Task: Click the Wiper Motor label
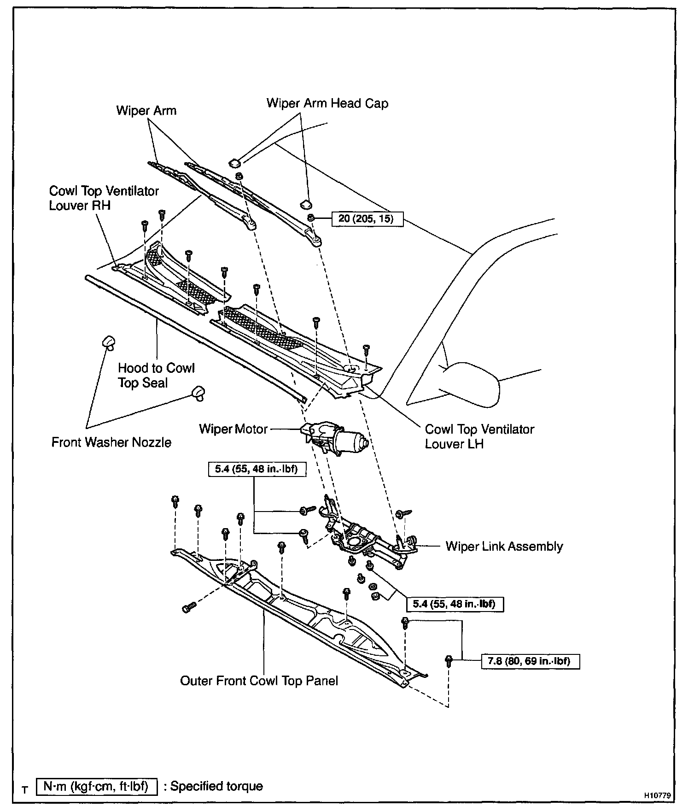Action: point(233,429)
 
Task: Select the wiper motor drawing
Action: point(334,438)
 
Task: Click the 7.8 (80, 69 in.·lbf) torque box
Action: point(531,661)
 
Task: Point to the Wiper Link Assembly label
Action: point(504,547)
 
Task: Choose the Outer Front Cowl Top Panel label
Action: point(259,681)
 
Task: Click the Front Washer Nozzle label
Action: point(111,442)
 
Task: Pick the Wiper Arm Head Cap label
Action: point(327,103)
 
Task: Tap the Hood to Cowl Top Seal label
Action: point(156,375)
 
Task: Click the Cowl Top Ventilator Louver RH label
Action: point(104,198)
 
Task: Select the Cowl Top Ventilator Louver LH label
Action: point(479,436)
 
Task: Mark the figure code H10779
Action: point(657,795)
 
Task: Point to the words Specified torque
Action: point(216,786)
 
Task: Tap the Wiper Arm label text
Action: point(146,111)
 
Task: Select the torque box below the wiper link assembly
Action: point(455,604)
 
